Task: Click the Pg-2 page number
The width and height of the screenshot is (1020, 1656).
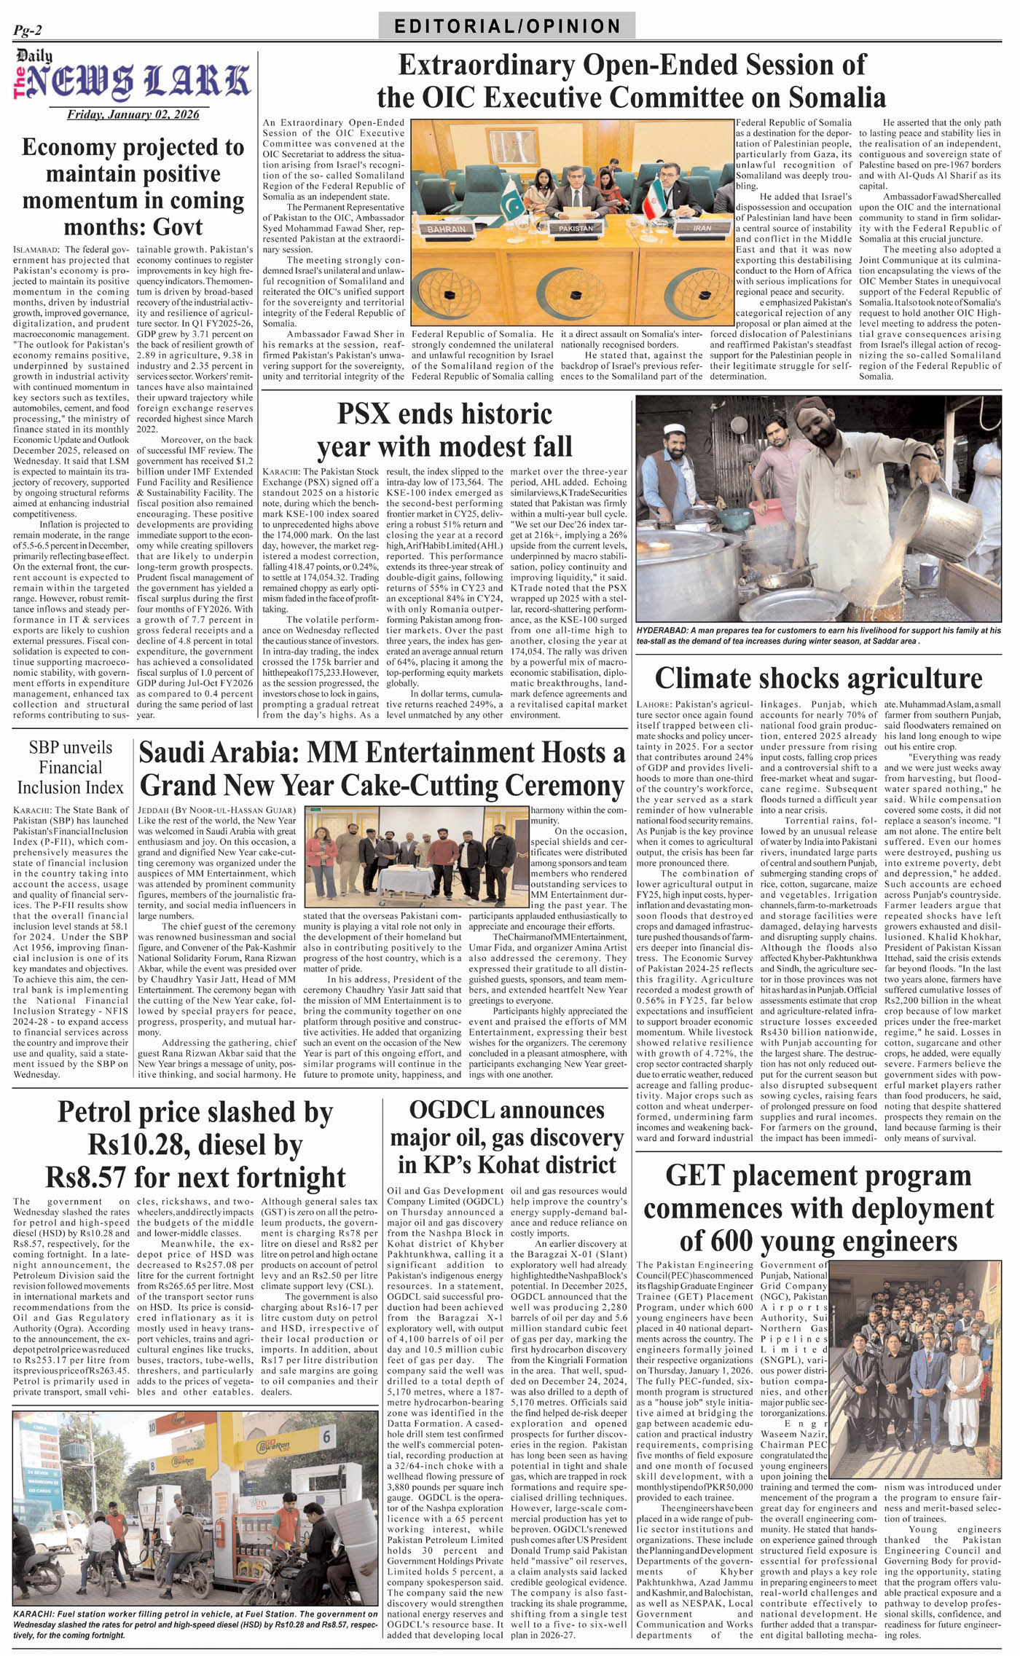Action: pyautogui.click(x=28, y=31)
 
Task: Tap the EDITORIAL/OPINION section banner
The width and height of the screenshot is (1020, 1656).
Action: pyautogui.click(x=507, y=26)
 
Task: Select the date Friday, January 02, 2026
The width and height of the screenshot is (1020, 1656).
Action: pyautogui.click(x=133, y=114)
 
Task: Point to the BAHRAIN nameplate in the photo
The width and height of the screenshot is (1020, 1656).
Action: pyautogui.click(x=446, y=229)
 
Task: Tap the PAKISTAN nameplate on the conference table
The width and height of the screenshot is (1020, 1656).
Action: pyautogui.click(x=576, y=228)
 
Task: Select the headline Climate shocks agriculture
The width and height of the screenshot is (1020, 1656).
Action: pyautogui.click(x=818, y=678)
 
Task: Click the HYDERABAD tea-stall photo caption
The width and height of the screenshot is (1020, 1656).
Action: pyautogui.click(x=818, y=635)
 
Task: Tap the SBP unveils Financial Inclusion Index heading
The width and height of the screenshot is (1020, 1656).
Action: pyautogui.click(x=71, y=768)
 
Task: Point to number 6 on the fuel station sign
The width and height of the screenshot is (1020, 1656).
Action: pyautogui.click(x=327, y=1435)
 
